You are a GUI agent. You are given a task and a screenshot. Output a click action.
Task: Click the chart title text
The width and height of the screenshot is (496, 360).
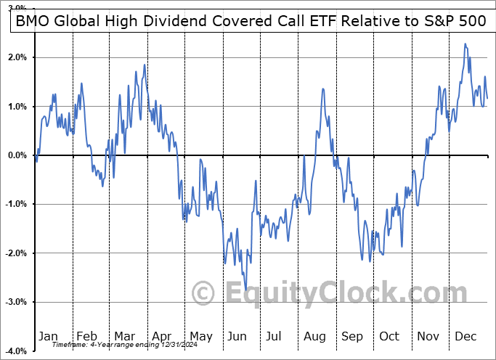(x=248, y=21)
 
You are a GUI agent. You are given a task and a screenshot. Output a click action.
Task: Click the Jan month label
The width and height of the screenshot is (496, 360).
(x=49, y=336)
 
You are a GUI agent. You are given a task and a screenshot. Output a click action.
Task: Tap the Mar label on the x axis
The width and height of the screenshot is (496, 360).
(x=124, y=336)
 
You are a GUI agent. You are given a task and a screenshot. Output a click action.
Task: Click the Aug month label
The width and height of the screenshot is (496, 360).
(x=315, y=336)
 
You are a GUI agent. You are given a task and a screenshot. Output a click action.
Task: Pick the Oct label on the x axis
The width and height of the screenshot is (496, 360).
(x=390, y=336)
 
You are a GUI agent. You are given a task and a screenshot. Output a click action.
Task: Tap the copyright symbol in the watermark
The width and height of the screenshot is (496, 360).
(x=203, y=294)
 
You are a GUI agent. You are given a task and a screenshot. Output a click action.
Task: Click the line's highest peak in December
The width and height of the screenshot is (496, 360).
(x=465, y=44)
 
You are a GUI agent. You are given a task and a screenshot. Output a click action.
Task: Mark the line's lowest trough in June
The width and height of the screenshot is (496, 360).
(x=246, y=289)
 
